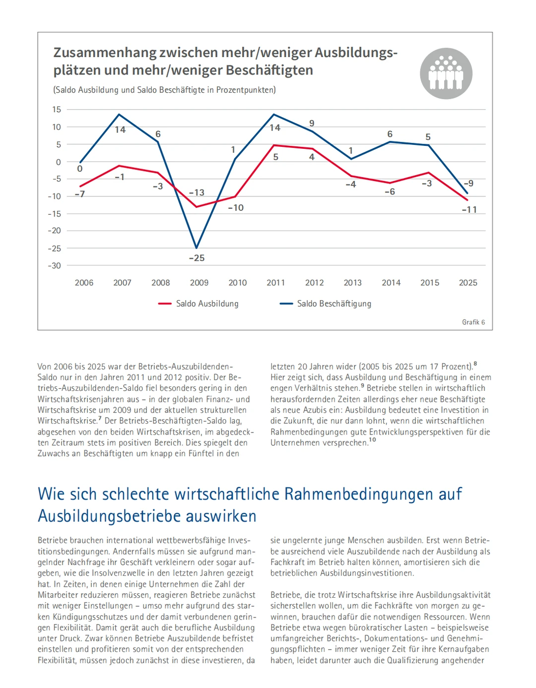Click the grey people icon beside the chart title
point(446,73)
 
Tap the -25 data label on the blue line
point(197,258)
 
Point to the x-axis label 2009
point(199,283)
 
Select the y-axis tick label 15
point(57,109)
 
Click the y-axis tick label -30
point(55,266)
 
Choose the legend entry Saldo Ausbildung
point(207,304)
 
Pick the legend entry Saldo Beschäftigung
point(334,304)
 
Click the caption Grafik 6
point(473,322)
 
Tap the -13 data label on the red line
point(197,192)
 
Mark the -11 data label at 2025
point(469,210)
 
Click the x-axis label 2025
point(468,283)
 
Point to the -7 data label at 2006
point(79,194)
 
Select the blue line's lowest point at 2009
point(197,248)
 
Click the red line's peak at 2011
point(274,145)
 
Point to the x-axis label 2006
point(84,283)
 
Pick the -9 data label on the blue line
point(469,183)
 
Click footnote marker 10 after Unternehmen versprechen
point(372,440)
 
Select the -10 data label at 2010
point(236,208)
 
